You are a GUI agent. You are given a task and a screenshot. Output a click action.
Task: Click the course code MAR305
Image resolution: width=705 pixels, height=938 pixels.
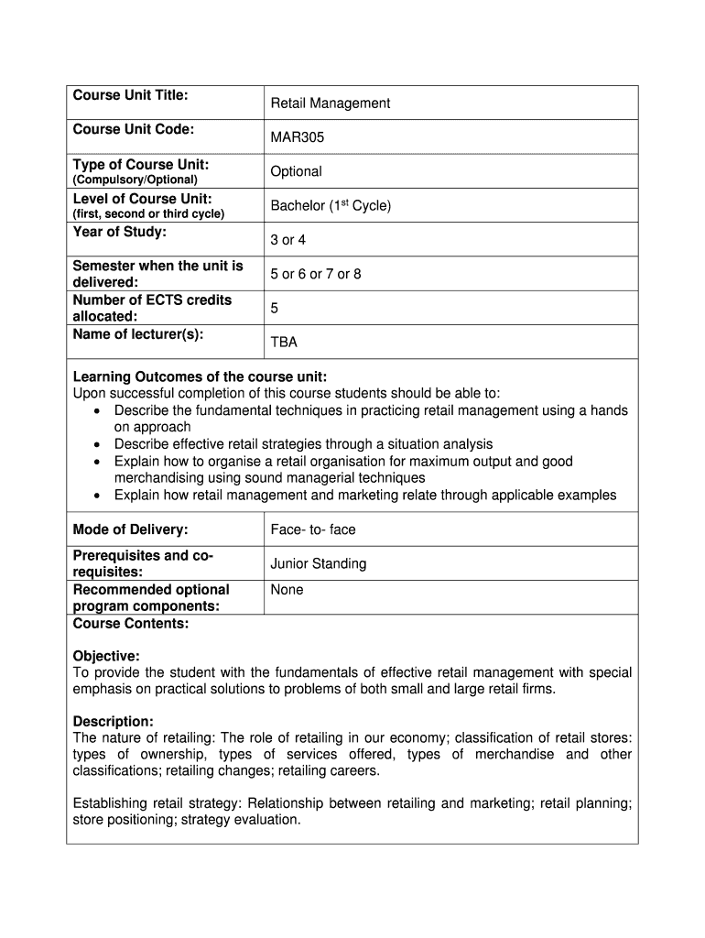[297, 137]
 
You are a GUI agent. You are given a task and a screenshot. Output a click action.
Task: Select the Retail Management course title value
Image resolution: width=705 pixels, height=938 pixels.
[330, 104]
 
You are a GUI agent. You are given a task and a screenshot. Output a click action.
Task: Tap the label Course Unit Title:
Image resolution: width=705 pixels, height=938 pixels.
[130, 95]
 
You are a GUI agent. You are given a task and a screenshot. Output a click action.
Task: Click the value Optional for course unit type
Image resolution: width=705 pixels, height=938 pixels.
[296, 171]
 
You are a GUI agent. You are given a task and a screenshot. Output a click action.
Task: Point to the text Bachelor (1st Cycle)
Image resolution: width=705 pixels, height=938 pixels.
[331, 205]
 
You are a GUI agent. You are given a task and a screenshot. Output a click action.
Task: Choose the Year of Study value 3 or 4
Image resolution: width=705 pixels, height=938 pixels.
[288, 240]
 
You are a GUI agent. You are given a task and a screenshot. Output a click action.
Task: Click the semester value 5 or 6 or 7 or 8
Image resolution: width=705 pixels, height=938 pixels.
[315, 274]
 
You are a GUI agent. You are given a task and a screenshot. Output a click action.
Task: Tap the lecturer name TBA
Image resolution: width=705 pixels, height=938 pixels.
[284, 343]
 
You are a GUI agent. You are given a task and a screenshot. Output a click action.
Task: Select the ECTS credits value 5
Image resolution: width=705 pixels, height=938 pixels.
[275, 309]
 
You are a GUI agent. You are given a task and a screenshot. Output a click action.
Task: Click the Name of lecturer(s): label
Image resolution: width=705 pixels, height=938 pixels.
[137, 333]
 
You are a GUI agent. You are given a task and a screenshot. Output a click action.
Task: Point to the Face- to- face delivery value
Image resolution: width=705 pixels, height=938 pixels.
[313, 529]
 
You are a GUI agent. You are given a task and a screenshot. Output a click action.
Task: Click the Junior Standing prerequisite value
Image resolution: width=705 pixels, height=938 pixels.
[318, 563]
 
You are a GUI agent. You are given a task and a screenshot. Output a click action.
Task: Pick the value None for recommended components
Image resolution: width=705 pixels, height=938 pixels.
[287, 590]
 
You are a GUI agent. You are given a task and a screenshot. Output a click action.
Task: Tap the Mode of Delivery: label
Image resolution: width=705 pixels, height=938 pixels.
[130, 529]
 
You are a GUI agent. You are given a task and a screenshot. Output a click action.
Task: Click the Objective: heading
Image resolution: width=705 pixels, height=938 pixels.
[106, 656]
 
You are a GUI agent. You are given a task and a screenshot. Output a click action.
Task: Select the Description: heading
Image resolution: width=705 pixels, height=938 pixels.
[113, 721]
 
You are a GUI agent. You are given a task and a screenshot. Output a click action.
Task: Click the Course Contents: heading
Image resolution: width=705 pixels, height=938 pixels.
[130, 624]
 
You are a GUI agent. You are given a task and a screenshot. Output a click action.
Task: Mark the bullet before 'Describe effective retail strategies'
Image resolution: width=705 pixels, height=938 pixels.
[97, 444]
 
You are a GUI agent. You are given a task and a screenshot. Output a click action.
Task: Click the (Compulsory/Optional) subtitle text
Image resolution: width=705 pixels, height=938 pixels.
[135, 180]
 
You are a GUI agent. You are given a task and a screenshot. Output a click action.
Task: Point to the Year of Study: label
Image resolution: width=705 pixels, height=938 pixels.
[119, 232]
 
